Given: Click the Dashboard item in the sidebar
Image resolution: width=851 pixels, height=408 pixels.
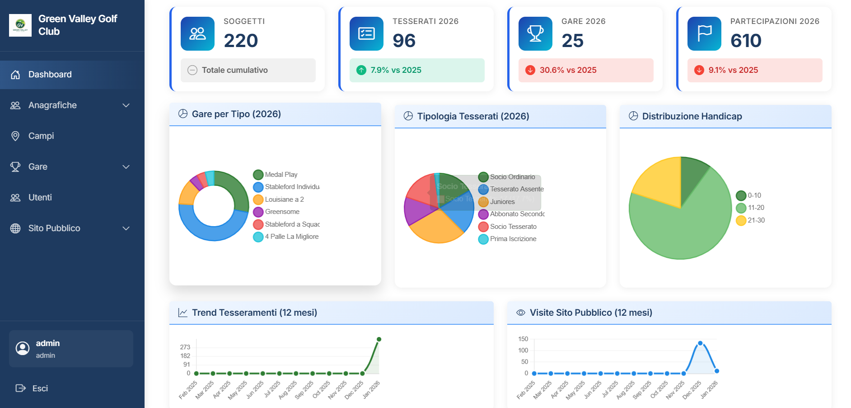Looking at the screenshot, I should pyautogui.click(x=50, y=75).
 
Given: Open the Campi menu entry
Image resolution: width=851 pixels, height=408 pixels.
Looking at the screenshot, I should pyautogui.click(x=41, y=136).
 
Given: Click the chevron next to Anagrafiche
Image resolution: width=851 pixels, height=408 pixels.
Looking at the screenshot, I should pyautogui.click(x=126, y=105).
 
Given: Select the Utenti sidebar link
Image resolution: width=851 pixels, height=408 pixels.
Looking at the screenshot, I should pyautogui.click(x=40, y=198).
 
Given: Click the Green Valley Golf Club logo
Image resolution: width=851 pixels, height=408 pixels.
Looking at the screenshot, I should pyautogui.click(x=20, y=25).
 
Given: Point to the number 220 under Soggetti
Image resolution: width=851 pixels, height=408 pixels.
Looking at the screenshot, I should pyautogui.click(x=241, y=41).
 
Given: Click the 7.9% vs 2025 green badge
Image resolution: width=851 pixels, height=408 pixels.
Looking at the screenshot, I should pyautogui.click(x=395, y=70).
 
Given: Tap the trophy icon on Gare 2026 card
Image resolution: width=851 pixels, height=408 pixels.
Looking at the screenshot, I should pyautogui.click(x=535, y=33).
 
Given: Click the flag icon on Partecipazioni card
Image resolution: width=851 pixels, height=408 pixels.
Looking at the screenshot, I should pyautogui.click(x=704, y=33).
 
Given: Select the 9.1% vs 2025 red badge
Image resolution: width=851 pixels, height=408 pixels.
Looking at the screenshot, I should pyautogui.click(x=733, y=70).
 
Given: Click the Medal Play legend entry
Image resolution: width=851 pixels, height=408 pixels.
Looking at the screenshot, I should pyautogui.click(x=281, y=175).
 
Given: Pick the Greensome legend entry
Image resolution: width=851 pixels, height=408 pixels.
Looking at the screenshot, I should pyautogui.click(x=282, y=212).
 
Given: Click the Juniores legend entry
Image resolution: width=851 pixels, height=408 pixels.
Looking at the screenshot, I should pyautogui.click(x=502, y=202).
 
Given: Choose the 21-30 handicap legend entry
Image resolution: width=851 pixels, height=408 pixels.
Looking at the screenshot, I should pyautogui.click(x=756, y=220).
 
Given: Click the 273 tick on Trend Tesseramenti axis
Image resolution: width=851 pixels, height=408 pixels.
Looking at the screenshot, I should pyautogui.click(x=185, y=347).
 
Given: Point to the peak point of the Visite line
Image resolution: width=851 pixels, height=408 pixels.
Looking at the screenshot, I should pyautogui.click(x=700, y=343).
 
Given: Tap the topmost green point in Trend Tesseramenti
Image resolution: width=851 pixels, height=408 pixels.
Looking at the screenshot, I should pyautogui.click(x=379, y=339).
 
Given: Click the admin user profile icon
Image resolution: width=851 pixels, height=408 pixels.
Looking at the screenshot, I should pyautogui.click(x=23, y=348).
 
